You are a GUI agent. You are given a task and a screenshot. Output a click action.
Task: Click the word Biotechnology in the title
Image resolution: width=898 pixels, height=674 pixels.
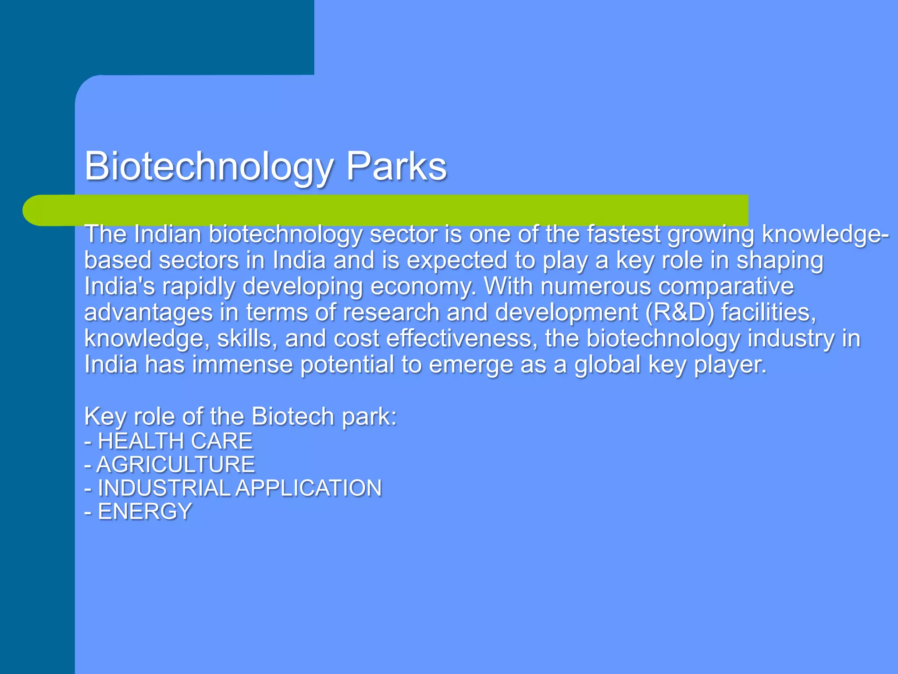coord(209,167)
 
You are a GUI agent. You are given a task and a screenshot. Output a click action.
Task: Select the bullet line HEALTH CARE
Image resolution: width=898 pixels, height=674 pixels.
coord(168,441)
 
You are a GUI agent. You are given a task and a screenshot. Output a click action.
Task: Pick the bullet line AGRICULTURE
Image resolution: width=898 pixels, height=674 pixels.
coord(170,465)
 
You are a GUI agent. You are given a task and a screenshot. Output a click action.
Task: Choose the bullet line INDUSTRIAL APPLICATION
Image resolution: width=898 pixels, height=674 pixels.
coord(233,488)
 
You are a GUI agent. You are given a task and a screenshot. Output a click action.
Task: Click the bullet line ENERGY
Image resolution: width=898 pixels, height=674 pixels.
coord(138,512)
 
